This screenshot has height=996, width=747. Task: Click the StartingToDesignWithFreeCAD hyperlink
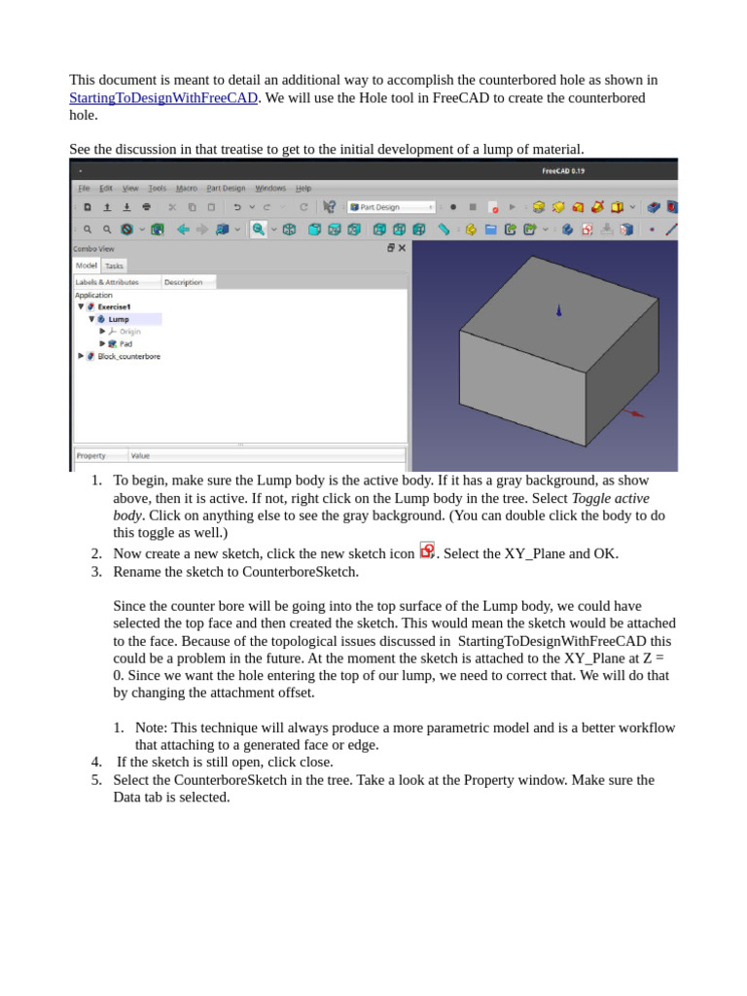pyautogui.click(x=163, y=98)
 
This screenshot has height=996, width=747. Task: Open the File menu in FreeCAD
pyautogui.click(x=84, y=188)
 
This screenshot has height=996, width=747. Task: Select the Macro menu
pyautogui.click(x=187, y=188)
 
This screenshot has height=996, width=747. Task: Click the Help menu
pyautogui.click(x=303, y=188)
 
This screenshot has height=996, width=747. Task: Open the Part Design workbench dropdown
pyautogui.click(x=391, y=207)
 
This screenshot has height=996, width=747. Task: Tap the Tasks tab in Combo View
pyautogui.click(x=114, y=266)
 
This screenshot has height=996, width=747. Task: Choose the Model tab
pyautogui.click(x=87, y=266)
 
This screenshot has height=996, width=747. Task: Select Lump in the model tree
pyautogui.click(x=119, y=319)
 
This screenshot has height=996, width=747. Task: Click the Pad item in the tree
pyautogui.click(x=125, y=343)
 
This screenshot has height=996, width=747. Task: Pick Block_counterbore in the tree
pyautogui.click(x=128, y=356)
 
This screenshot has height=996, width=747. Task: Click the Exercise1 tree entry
pyautogui.click(x=114, y=306)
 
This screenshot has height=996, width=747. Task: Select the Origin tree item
pyautogui.click(x=129, y=332)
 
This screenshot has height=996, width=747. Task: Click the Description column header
pyautogui.click(x=183, y=282)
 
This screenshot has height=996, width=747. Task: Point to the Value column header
pyautogui.click(x=141, y=455)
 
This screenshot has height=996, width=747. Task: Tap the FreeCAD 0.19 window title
pyautogui.click(x=563, y=171)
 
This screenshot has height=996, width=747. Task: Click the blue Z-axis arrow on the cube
pyautogui.click(x=558, y=310)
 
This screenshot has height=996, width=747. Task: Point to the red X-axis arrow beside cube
pyautogui.click(x=634, y=413)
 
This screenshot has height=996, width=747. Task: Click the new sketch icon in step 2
pyautogui.click(x=427, y=551)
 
